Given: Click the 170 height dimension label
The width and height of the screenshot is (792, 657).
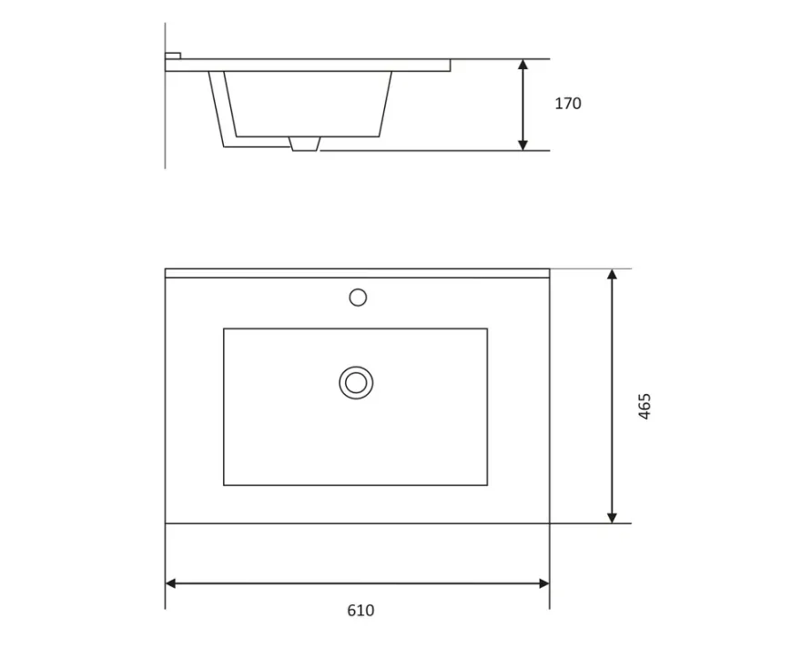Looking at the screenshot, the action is point(568,104).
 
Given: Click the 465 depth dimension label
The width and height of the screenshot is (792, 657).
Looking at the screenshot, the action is point(645,406).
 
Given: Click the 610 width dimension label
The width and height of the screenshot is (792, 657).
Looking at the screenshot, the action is point(360,611).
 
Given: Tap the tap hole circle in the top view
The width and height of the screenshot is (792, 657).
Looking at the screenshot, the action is point(358,298).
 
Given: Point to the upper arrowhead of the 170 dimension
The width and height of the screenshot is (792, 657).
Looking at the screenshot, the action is point(523,64).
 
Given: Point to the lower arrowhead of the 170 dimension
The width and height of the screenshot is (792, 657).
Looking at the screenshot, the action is point(523,145).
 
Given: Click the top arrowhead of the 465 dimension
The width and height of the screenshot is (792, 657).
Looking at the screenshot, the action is point(612,274).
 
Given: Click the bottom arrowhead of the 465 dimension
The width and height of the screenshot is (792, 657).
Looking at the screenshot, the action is point(612,518).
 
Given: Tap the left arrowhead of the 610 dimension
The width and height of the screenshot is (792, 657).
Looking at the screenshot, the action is point(171,583).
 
